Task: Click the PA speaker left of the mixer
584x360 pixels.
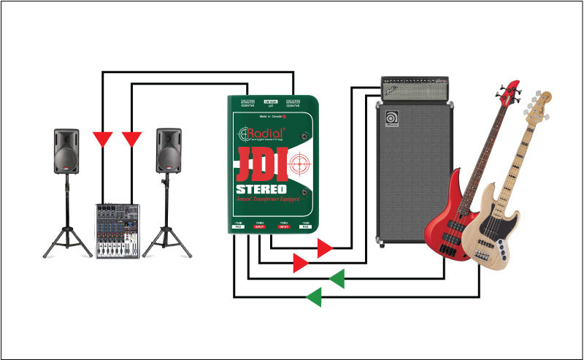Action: (66, 153)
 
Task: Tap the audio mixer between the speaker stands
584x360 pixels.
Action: (116, 230)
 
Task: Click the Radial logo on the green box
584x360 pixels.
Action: (263, 133)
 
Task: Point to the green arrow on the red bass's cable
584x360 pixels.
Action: (336, 278)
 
